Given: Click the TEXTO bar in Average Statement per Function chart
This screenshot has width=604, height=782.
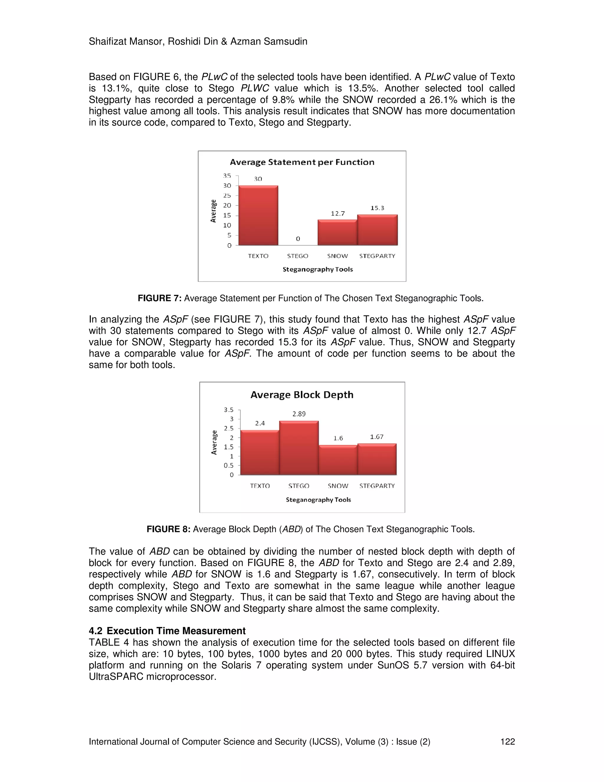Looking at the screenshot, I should pyautogui.click(x=258, y=215).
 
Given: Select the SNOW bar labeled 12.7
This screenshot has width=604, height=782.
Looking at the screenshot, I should pyautogui.click(x=337, y=233).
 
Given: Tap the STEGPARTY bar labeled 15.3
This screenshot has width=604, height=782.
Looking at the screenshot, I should pyautogui.click(x=377, y=230).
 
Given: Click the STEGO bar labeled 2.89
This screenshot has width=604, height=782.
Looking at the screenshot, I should pyautogui.click(x=299, y=448).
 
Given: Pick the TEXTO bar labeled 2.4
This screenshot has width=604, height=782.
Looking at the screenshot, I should pyautogui.click(x=260, y=453).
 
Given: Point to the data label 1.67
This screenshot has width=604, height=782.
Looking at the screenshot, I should pyautogui.click(x=377, y=437).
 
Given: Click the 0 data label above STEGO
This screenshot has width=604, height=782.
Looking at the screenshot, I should pyautogui.click(x=298, y=239).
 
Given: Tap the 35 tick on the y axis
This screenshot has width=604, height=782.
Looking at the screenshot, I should pyautogui.click(x=227, y=176).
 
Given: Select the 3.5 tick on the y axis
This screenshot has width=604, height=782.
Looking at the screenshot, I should pyautogui.click(x=229, y=410).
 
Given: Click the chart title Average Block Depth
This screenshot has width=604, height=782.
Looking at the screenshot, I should pyautogui.click(x=302, y=395).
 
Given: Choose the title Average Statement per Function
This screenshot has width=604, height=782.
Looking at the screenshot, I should pyautogui.click(x=302, y=162).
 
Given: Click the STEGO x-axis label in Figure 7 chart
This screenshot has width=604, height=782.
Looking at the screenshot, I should pyautogui.click(x=297, y=256).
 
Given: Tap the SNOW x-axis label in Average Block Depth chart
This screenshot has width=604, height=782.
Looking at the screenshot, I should pyautogui.click(x=338, y=486).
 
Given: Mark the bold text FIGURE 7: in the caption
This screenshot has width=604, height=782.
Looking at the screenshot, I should pyautogui.click(x=160, y=298).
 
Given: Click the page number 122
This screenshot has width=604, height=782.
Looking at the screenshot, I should pyautogui.click(x=507, y=742).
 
